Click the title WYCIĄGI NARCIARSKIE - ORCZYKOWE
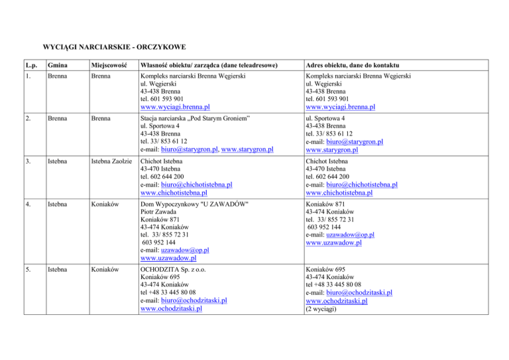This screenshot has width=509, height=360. [113, 47]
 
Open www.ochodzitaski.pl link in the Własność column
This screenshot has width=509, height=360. [172, 308]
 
